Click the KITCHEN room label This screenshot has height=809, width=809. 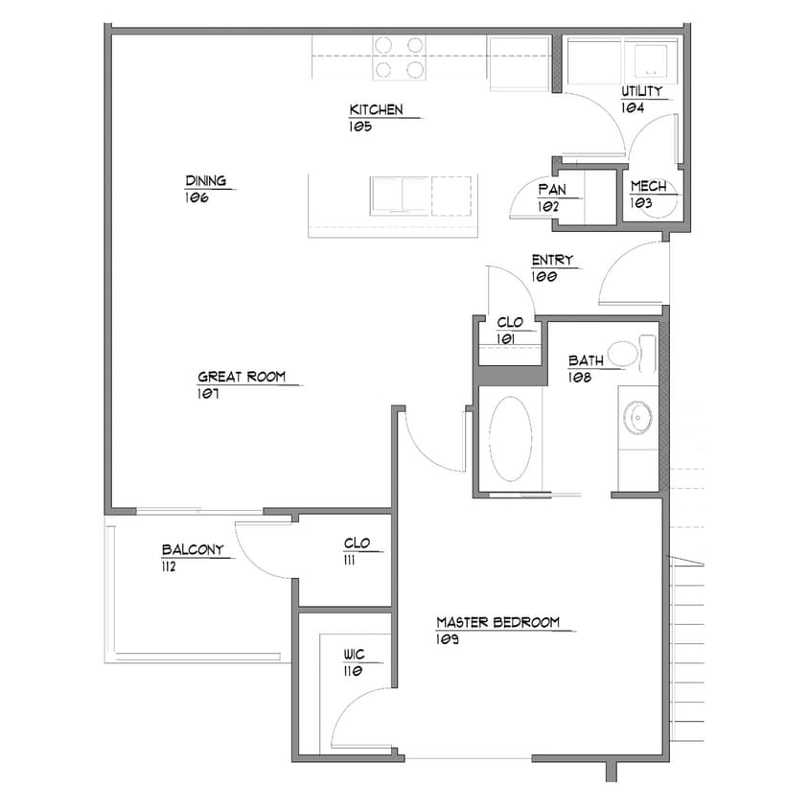[x=376, y=109]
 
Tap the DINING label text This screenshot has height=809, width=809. [x=206, y=181]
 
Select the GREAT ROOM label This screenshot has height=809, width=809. [x=242, y=378]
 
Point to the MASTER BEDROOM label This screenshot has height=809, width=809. [x=497, y=623]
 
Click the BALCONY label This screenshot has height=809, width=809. [x=193, y=550]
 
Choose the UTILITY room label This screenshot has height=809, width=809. [x=642, y=92]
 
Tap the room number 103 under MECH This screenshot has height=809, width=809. [x=640, y=203]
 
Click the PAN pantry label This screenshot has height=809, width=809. [x=552, y=190]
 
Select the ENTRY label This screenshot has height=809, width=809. [x=552, y=261]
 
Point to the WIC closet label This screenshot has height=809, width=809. [x=355, y=656]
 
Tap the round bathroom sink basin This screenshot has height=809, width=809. [x=637, y=416]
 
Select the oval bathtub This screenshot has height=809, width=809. [x=511, y=440]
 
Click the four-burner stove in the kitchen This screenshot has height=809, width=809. [x=399, y=57]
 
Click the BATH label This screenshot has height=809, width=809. [x=585, y=361]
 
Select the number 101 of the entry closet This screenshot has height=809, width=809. [x=507, y=339]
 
